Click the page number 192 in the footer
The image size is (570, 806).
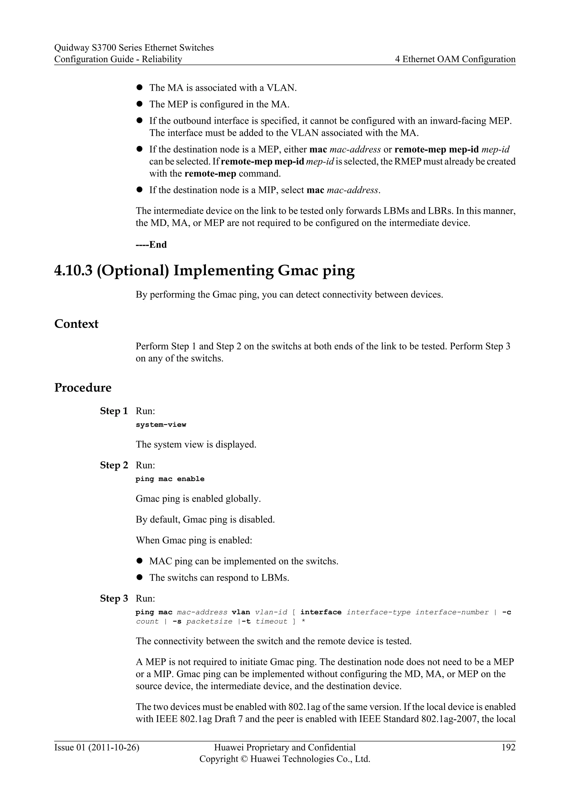pyautogui.click(x=508, y=747)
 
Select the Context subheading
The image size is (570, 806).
pyautogui.click(x=76, y=324)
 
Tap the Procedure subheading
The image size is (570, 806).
pyautogui.click(x=83, y=388)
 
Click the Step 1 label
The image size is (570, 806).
pyautogui.click(x=114, y=411)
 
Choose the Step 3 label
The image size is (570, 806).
pyautogui.click(x=114, y=598)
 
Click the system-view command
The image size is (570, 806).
pyautogui.click(x=161, y=424)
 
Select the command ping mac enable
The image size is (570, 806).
pyautogui.click(x=170, y=479)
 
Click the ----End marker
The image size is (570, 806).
pyautogui.click(x=151, y=245)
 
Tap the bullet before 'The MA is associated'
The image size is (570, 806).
pyautogui.click(x=139, y=87)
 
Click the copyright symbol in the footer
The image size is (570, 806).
pyautogui.click(x=244, y=759)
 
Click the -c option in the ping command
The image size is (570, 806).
pyautogui.click(x=507, y=612)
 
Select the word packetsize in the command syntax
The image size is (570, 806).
pyautogui.click(x=209, y=621)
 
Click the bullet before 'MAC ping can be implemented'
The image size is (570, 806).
pyautogui.click(x=139, y=561)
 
